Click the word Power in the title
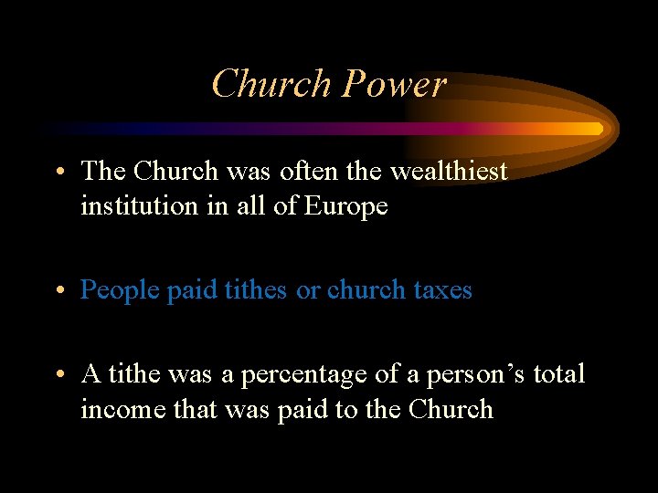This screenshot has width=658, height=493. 395,84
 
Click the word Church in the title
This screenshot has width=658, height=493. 271,84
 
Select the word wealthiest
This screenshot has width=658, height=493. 449,171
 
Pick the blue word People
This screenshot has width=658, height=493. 121,290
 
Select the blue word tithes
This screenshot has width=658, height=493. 252,290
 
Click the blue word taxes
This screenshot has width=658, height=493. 440,290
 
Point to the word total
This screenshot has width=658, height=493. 559,374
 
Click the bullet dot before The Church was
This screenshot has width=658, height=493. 58,172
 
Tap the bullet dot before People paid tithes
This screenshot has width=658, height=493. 58,291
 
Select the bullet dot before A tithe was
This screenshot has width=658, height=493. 58,375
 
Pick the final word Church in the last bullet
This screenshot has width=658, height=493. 451,410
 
